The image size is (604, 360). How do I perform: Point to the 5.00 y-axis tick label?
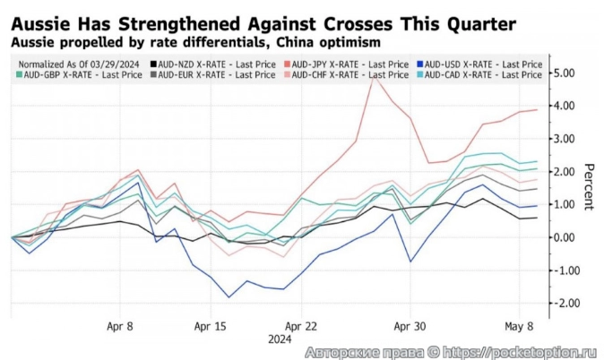pos(566,73)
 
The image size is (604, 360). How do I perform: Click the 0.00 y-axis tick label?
pos(566,237)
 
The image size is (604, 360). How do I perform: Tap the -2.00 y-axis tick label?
pos(565,304)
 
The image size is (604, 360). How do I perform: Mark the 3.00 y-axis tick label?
pos(566,139)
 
